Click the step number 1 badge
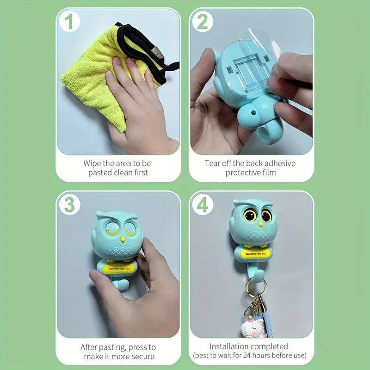69,22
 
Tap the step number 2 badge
202,22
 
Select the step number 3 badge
69,205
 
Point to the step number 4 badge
202,205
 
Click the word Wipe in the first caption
92,163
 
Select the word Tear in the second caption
213,163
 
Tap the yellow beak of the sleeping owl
123,239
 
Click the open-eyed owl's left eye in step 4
250,215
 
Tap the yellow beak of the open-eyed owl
259,225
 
